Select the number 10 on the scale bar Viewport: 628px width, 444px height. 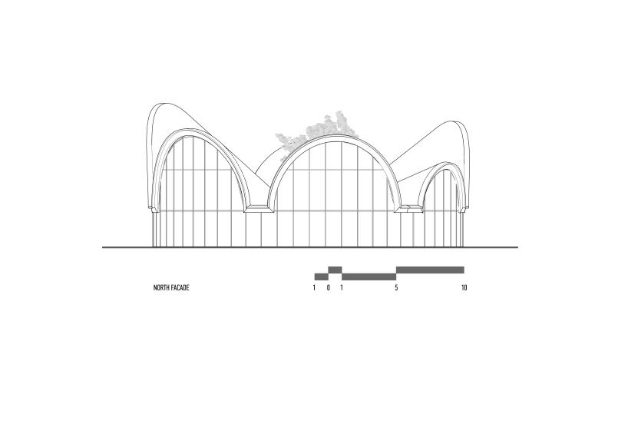464,288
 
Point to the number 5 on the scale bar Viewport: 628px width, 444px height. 396,288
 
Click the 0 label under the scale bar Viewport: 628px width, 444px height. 328,288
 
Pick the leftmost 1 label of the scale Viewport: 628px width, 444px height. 314,288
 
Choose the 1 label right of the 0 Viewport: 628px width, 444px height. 342,288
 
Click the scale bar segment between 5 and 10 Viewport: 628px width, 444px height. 430,270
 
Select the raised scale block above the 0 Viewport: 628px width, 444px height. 335,270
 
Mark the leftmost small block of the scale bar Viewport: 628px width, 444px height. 321,277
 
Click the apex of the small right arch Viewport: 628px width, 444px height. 444,162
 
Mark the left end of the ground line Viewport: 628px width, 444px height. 104,247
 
